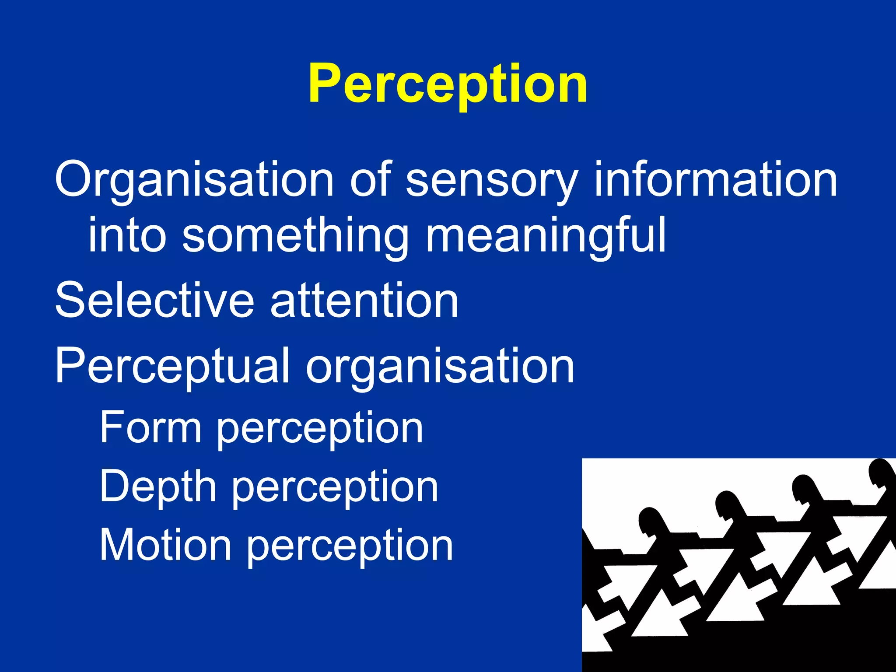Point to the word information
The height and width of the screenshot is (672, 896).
tap(715, 179)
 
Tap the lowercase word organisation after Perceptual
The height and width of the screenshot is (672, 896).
tap(440, 367)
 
